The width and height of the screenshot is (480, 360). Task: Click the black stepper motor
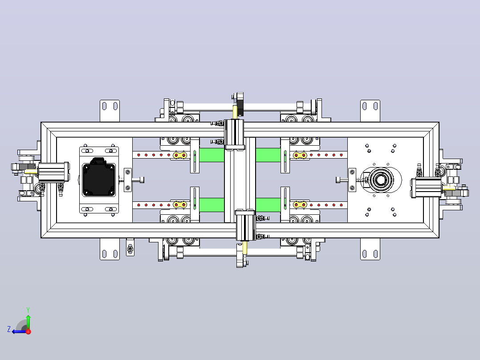coord(98,178)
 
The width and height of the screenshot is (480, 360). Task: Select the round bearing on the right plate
coord(381,180)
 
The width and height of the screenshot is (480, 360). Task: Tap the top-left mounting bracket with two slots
coord(110,110)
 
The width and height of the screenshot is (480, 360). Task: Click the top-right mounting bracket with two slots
coord(370,110)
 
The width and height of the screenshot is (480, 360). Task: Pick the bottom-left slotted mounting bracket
coord(110,249)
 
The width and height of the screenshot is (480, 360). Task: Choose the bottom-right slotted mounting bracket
coord(370,249)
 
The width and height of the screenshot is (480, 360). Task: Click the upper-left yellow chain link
coord(180,155)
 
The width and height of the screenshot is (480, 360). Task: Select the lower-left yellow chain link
coord(180,205)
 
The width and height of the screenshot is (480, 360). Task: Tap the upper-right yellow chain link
coord(300,155)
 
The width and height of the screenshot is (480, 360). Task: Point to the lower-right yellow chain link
coord(300,205)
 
